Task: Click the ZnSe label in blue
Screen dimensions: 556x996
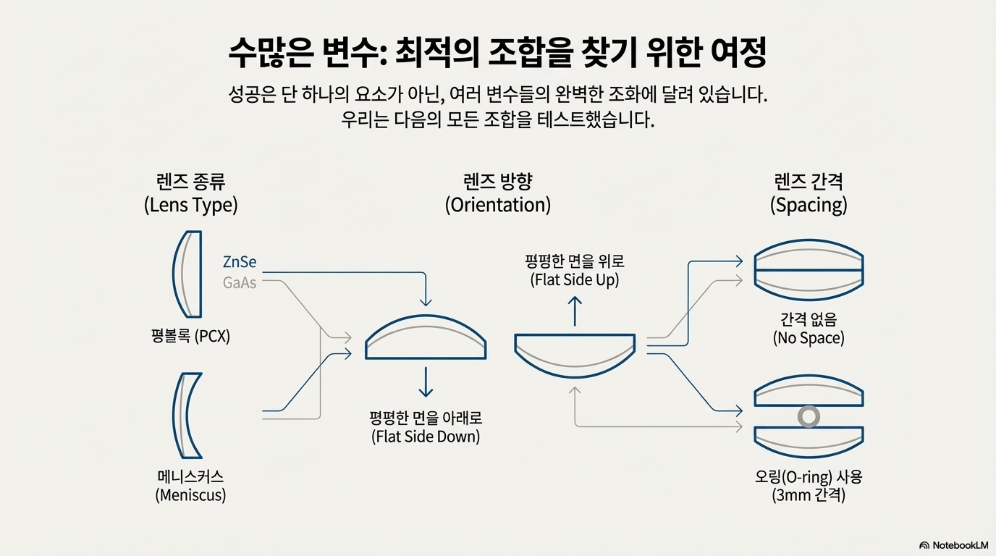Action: pyautogui.click(x=240, y=262)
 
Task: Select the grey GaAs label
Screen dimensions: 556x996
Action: pyautogui.click(x=240, y=283)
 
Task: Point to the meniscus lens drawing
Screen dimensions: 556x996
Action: pyautogui.click(x=187, y=416)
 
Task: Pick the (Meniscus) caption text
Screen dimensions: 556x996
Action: pyautogui.click(x=190, y=495)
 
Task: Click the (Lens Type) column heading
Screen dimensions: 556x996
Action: pyautogui.click(x=190, y=205)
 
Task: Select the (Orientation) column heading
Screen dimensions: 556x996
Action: pyautogui.click(x=497, y=205)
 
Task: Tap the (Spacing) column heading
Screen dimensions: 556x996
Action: pyautogui.click(x=808, y=205)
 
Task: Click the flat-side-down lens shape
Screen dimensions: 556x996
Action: pyautogui.click(x=426, y=339)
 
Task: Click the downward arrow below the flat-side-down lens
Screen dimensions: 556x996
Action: pyautogui.click(x=426, y=382)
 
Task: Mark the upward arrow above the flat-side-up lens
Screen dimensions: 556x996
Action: pyautogui.click(x=575, y=311)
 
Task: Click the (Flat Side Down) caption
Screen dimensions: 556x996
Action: pyautogui.click(x=426, y=437)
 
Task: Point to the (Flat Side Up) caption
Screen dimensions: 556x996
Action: pyautogui.click(x=575, y=279)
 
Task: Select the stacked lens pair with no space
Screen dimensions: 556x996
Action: pyautogui.click(x=809, y=270)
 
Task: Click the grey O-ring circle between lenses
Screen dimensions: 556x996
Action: pyautogui.click(x=808, y=416)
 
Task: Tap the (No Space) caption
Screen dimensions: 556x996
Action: pyautogui.click(x=808, y=338)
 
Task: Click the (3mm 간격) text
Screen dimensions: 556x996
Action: pyautogui.click(x=808, y=496)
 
